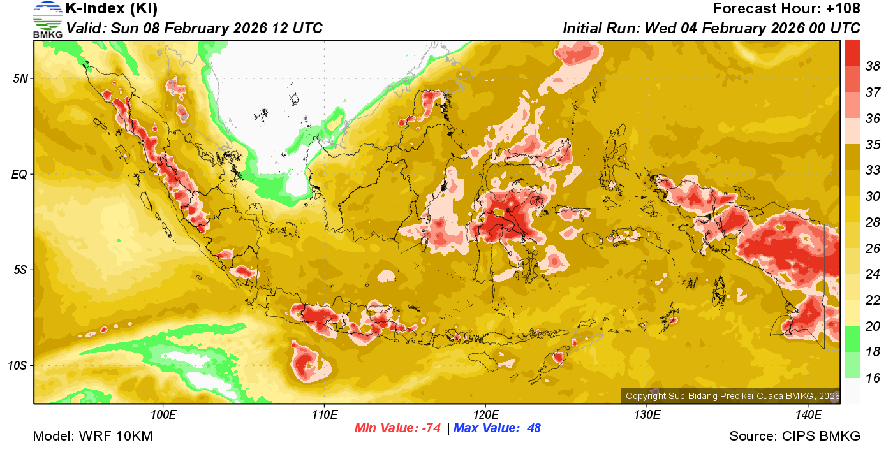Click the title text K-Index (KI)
coord(112,9)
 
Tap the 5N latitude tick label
coord(20,78)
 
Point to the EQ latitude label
coord(19,174)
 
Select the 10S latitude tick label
coord(18,366)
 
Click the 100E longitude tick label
coord(163,415)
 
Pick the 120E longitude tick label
coord(485,415)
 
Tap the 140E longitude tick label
coord(808,415)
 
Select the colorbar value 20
coord(873,326)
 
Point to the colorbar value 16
coord(873,378)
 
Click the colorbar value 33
coord(873,170)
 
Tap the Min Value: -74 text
coord(397,428)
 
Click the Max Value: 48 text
coord(497,428)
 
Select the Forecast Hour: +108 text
coord(786,9)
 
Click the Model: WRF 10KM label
coord(92,437)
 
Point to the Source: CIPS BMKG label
coord(795,437)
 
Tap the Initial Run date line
coord(711,29)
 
